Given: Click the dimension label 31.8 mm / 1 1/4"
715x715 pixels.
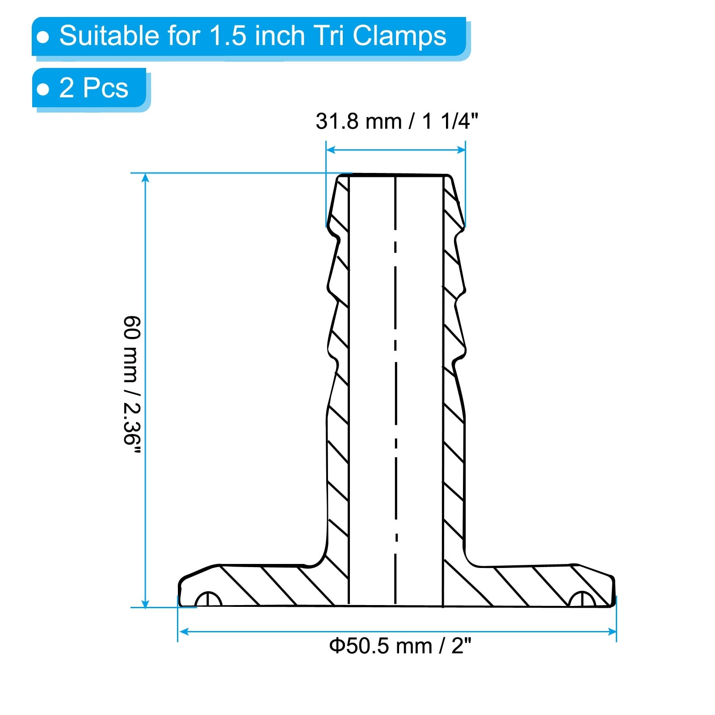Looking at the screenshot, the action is pyautogui.click(x=397, y=121).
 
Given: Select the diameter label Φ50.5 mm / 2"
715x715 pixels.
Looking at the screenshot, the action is pyautogui.click(x=400, y=646).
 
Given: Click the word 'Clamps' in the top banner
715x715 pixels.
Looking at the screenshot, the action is pyautogui.click(x=400, y=36).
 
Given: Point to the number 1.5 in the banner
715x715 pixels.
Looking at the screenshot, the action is pyautogui.click(x=228, y=36).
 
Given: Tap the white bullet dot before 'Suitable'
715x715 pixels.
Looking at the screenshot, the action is pyautogui.click(x=43, y=38).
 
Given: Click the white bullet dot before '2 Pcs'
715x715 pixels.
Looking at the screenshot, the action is pyautogui.click(x=43, y=89).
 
